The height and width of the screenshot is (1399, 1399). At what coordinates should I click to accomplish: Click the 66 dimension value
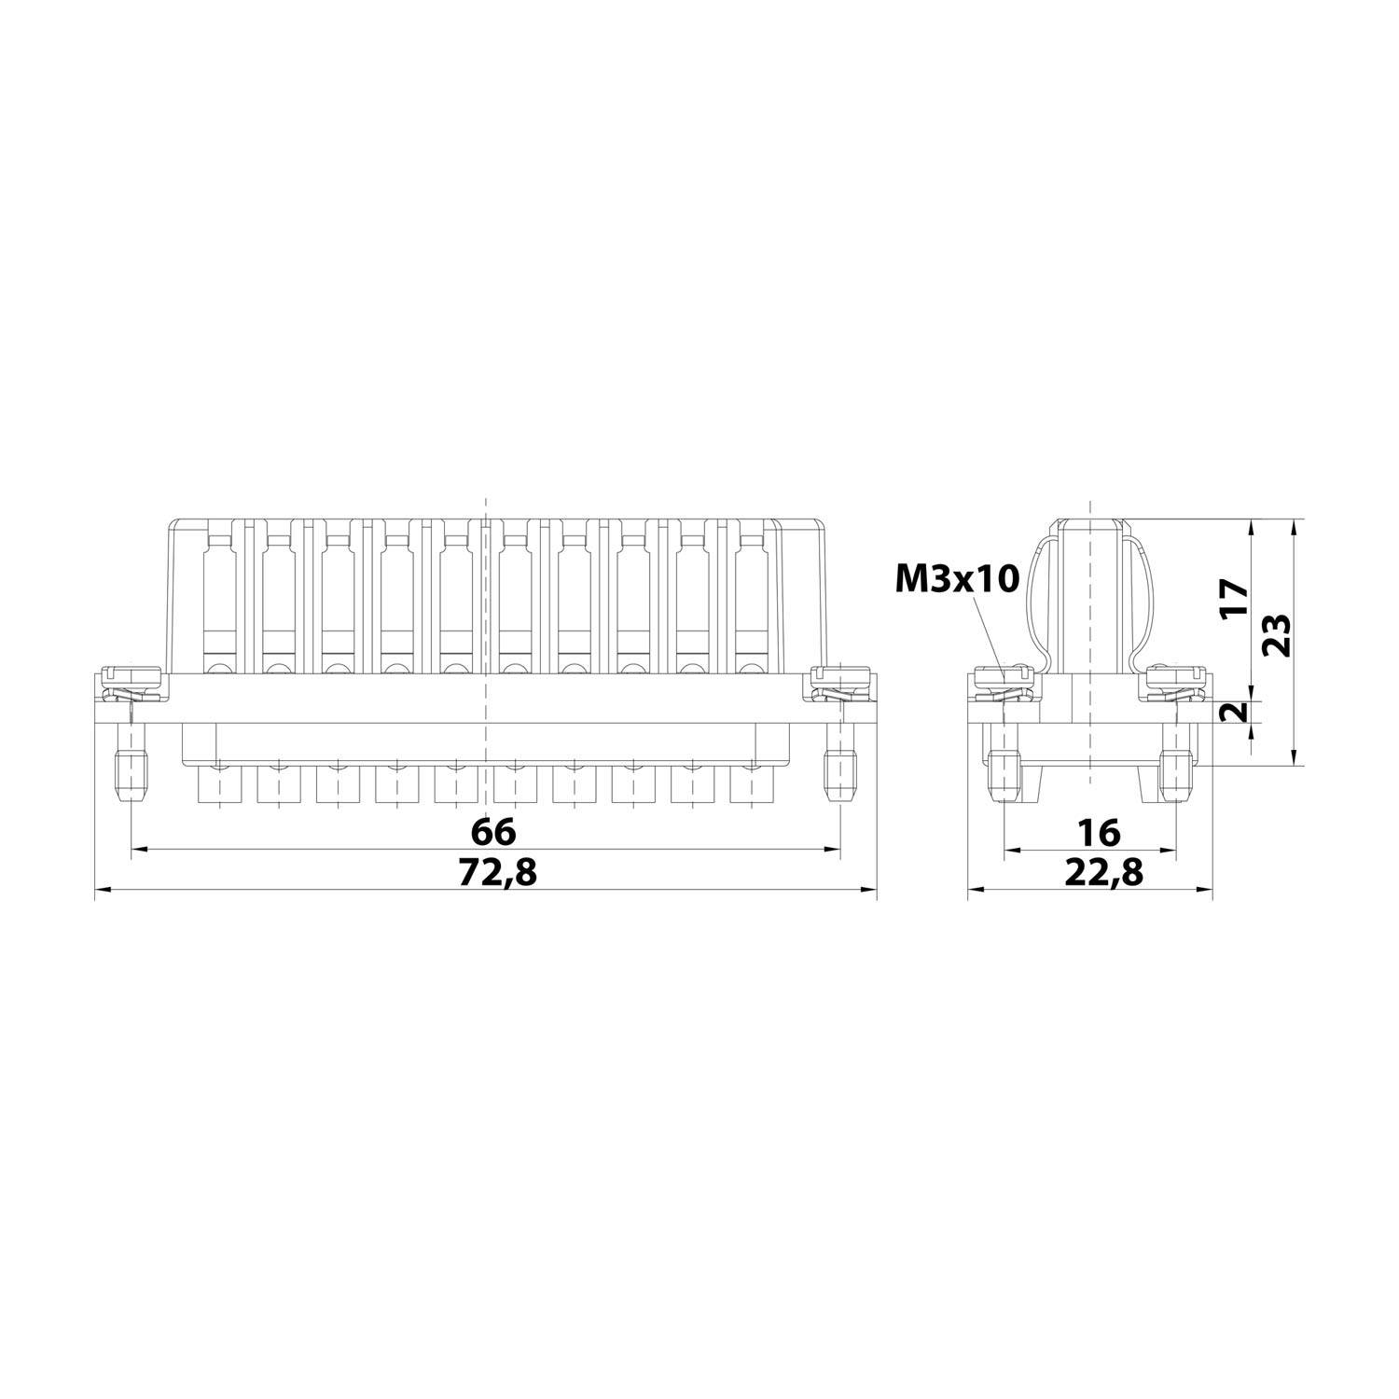coord(492,830)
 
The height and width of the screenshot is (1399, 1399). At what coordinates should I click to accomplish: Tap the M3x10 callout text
coord(958,579)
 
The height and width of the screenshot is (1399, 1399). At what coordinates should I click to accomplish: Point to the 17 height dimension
coord(1234,597)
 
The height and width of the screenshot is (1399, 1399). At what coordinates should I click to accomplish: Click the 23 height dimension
coord(1276,635)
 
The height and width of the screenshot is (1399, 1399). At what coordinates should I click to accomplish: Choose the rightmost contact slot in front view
coord(750,597)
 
